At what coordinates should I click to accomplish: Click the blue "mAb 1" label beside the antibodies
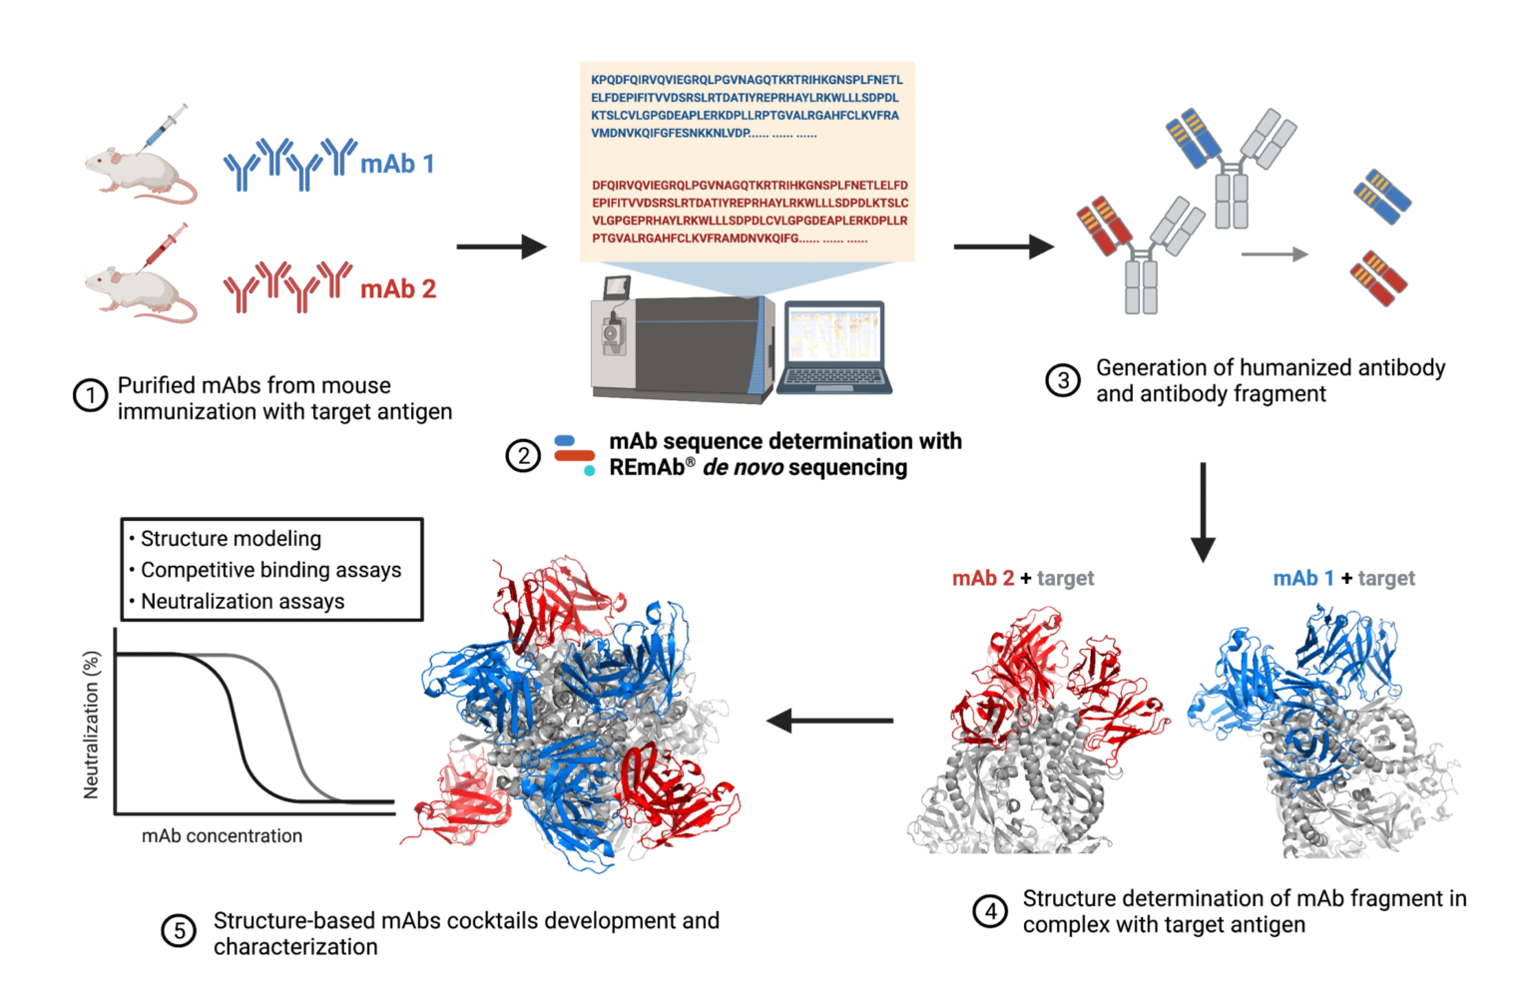click(397, 164)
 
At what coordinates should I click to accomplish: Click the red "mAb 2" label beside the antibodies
click(398, 289)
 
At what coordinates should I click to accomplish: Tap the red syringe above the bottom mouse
click(165, 246)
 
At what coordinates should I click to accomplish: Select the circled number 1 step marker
click(90, 396)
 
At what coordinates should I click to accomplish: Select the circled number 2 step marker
click(523, 456)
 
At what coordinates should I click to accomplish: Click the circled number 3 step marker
click(1063, 380)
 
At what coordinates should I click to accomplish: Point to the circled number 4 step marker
click(990, 911)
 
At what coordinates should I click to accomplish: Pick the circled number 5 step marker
click(179, 932)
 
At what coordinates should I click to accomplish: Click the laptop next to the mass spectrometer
click(833, 347)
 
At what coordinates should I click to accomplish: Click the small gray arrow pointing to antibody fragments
click(1274, 254)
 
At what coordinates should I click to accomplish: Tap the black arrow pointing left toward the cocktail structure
click(829, 720)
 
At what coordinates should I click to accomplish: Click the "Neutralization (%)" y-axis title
click(92, 724)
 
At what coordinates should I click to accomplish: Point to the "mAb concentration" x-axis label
click(222, 836)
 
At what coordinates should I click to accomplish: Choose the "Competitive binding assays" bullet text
click(270, 570)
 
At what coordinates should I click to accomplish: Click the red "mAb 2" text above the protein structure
click(982, 579)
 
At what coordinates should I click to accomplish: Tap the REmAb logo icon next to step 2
click(574, 454)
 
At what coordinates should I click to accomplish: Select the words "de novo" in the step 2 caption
click(742, 468)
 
